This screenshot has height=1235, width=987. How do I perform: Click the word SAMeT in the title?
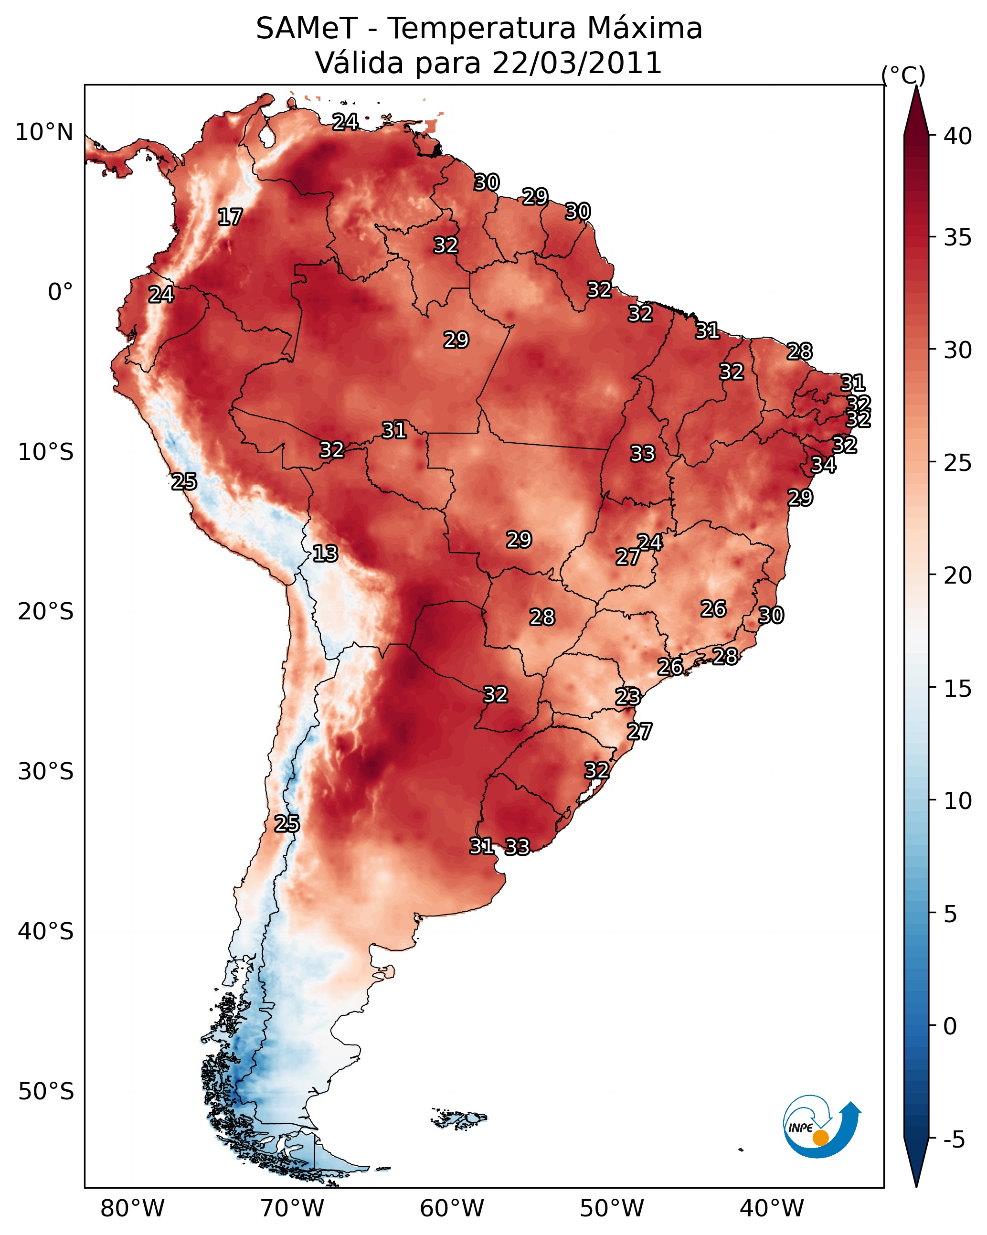[307, 29]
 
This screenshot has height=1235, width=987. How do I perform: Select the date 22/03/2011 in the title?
[576, 63]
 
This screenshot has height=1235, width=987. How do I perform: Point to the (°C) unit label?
[903, 75]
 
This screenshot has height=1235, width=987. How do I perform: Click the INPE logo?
[821, 1126]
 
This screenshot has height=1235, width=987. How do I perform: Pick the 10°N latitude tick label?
[44, 132]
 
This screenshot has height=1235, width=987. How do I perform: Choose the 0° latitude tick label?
[60, 292]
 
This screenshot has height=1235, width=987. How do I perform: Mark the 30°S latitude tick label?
[46, 772]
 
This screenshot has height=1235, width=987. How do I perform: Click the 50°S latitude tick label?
[46, 1092]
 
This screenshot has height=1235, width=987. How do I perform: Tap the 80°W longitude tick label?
[132, 1209]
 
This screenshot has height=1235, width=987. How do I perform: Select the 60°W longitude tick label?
[452, 1209]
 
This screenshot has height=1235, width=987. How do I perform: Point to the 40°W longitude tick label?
[772, 1209]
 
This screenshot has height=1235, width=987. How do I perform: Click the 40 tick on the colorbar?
[958, 136]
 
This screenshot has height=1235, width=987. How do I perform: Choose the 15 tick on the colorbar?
[958, 689]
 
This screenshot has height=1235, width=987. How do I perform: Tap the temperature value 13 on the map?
[325, 554]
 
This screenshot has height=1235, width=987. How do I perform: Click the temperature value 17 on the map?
[230, 217]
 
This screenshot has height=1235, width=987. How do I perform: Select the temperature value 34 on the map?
[823, 465]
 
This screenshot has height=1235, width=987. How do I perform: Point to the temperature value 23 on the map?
[628, 697]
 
